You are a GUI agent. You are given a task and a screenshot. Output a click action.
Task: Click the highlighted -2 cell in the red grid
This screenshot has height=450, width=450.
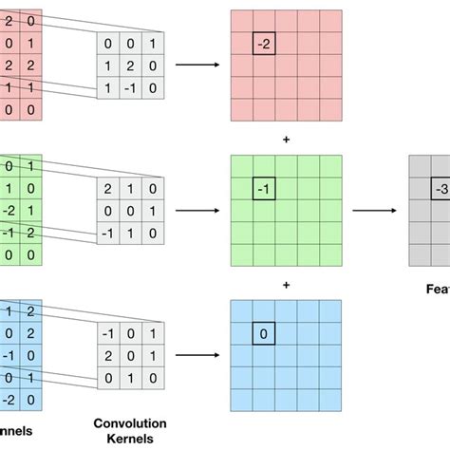(x=264, y=43)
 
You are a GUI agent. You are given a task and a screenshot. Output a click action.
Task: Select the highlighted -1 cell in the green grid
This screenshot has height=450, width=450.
(x=264, y=190)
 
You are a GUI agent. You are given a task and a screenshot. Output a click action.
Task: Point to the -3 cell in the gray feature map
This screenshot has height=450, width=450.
(x=441, y=189)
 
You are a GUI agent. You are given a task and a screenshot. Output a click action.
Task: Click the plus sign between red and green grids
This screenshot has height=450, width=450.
(x=286, y=139)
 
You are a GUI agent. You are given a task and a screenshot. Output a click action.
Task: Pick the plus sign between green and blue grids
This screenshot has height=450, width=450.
(x=286, y=283)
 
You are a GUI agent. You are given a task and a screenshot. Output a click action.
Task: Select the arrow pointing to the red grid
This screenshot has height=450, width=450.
(x=197, y=65)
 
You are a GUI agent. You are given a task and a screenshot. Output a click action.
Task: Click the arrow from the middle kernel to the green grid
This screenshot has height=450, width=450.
(x=197, y=211)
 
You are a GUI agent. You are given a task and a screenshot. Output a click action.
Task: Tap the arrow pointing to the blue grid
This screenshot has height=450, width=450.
(x=197, y=355)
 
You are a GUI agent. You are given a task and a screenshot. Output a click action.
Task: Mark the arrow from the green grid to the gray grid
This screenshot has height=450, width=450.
(x=372, y=211)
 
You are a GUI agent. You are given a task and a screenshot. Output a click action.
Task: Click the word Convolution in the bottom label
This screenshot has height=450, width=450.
(x=130, y=422)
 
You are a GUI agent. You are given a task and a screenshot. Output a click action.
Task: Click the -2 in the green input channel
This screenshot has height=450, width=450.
(x=9, y=211)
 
